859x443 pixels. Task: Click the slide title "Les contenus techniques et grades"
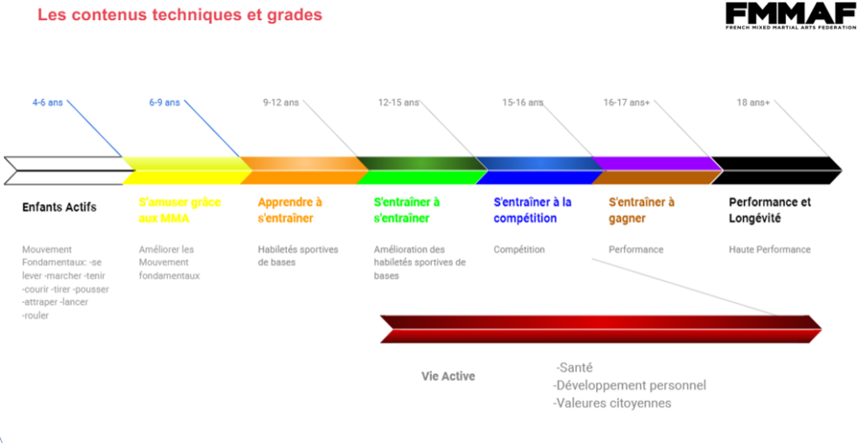pyautogui.click(x=180, y=15)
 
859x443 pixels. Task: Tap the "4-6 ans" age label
pyautogui.click(x=48, y=102)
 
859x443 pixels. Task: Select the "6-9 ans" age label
pyautogui.click(x=164, y=102)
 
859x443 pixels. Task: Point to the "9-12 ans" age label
pyautogui.click(x=281, y=102)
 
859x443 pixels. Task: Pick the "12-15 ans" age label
pyautogui.click(x=398, y=102)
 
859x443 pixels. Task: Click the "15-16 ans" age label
pyautogui.click(x=523, y=102)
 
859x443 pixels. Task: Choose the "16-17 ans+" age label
pyautogui.click(x=626, y=102)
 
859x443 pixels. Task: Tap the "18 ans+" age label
pyautogui.click(x=752, y=102)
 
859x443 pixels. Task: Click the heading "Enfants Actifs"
pyautogui.click(x=60, y=207)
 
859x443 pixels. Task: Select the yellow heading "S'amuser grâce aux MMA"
pyautogui.click(x=180, y=210)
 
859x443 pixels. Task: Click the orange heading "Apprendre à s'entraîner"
pyautogui.click(x=290, y=210)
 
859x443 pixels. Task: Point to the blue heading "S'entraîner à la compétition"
pyautogui.click(x=533, y=210)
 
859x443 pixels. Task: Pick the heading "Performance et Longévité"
pyautogui.click(x=770, y=210)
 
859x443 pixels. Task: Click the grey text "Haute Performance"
pyautogui.click(x=770, y=249)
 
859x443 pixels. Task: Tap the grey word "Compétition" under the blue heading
pyautogui.click(x=519, y=249)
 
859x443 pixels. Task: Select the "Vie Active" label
pyautogui.click(x=448, y=377)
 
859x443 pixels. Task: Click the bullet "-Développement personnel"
pyautogui.click(x=629, y=385)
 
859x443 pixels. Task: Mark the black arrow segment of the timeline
pyautogui.click(x=776, y=170)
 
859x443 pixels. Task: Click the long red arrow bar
pyautogui.click(x=601, y=329)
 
